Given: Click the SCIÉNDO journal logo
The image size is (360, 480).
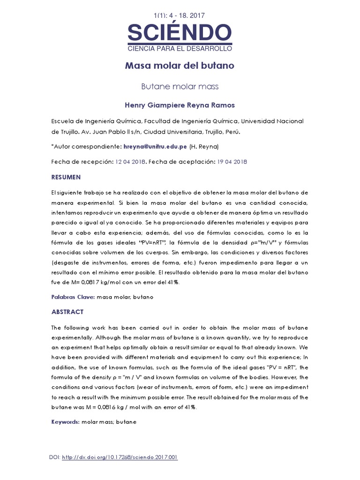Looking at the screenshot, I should pyautogui.click(x=180, y=33).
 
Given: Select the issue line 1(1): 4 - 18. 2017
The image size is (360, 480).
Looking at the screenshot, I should pyautogui.click(x=180, y=15).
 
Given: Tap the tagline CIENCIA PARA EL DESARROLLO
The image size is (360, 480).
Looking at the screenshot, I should pyautogui.click(x=180, y=48).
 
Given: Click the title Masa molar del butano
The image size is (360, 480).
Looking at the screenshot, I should pyautogui.click(x=180, y=66).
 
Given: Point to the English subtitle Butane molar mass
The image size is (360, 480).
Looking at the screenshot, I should pyautogui.click(x=180, y=86).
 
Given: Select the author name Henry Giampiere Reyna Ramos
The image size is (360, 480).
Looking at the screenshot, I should pyautogui.click(x=180, y=105).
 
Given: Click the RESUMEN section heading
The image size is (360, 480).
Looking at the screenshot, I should pyautogui.click(x=66, y=177).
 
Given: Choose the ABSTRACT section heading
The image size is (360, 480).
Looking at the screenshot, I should pyautogui.click(x=67, y=312).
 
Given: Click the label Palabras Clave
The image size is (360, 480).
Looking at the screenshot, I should pyautogui.click(x=73, y=297).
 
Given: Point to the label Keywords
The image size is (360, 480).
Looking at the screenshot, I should pyautogui.click(x=65, y=422).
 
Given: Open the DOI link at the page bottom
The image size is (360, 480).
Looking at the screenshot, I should pyautogui.click(x=120, y=457).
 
